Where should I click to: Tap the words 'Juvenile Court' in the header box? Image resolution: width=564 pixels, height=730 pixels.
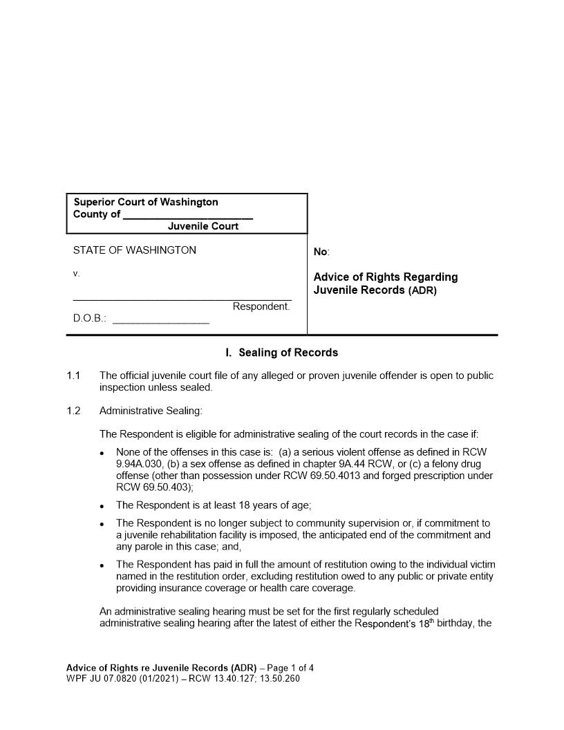coord(203,226)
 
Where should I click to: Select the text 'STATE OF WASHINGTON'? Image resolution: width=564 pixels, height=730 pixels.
coord(135,250)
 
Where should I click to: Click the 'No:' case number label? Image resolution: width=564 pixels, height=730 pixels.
coord(321,253)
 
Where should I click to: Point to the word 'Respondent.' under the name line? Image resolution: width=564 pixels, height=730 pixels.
coord(261,306)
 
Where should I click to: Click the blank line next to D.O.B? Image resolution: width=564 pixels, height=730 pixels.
coord(160,321)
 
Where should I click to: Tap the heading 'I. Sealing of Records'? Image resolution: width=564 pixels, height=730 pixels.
coord(282,353)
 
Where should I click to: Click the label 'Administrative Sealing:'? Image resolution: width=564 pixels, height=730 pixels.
coord(151,411)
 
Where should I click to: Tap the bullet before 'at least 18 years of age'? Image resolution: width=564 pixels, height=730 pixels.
coord(102,507)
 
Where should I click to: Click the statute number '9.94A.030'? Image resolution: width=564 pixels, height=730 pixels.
coord(139,464)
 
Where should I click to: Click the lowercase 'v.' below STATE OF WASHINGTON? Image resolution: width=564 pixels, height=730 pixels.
coord(77,274)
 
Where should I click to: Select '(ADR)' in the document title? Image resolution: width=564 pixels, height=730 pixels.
coord(422,291)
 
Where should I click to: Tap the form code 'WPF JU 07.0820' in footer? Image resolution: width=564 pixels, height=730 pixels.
coord(100,678)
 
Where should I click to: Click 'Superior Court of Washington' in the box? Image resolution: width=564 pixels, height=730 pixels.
coord(146,202)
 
